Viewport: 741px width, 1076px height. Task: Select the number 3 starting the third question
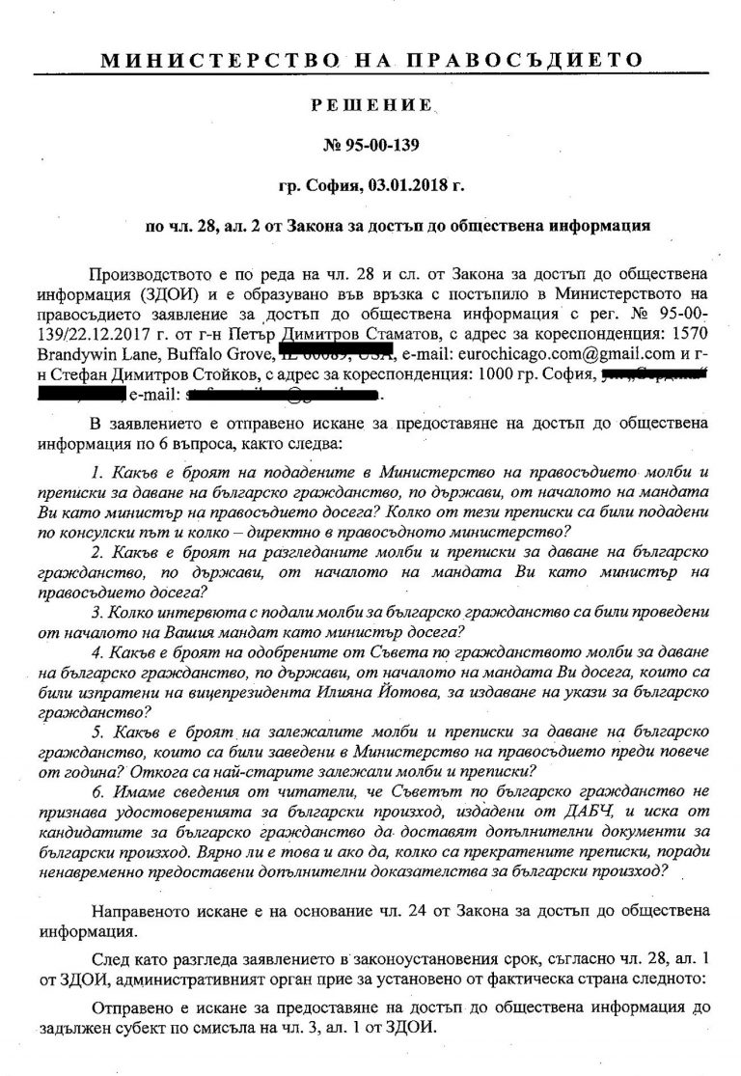click(x=93, y=612)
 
